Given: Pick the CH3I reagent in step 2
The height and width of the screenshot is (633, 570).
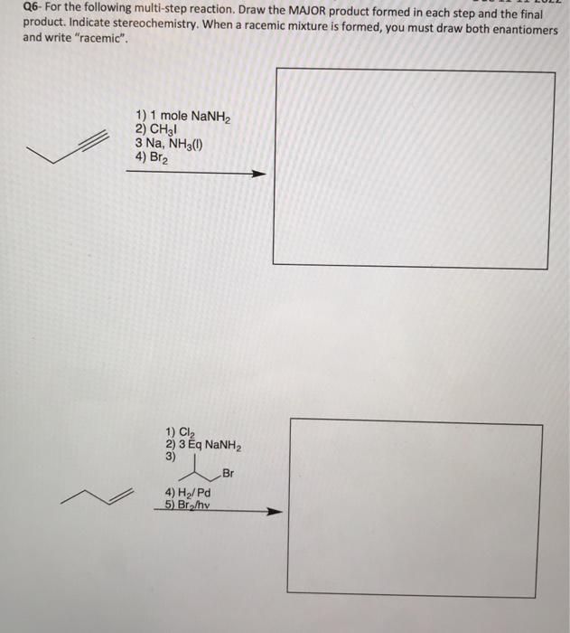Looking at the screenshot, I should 157,129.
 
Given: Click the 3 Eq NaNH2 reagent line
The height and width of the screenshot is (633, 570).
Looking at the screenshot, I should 203,445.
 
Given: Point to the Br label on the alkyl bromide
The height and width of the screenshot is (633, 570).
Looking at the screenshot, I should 227,473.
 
